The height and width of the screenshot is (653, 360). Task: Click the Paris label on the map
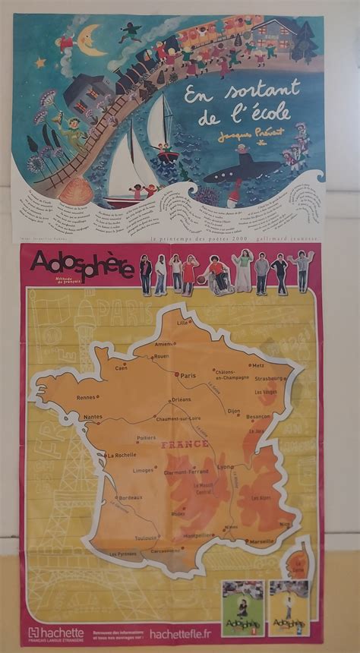[x=188, y=375]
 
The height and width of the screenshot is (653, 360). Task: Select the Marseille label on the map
[x=262, y=541]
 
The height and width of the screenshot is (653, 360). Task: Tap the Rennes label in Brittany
[x=86, y=397]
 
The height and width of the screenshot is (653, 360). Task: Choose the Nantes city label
[x=93, y=416]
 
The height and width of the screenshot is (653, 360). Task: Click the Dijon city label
[x=233, y=411]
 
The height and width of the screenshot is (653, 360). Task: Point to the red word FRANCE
[x=183, y=443]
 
